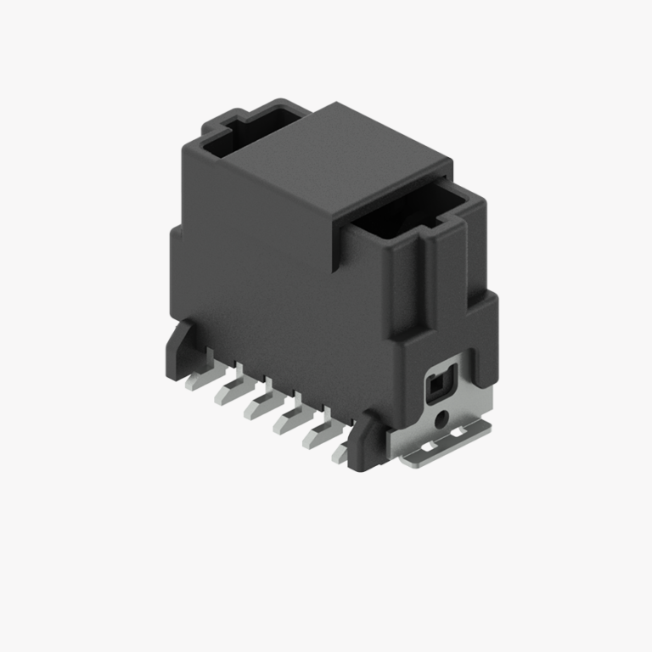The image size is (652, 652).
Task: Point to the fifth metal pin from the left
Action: [315, 437]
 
